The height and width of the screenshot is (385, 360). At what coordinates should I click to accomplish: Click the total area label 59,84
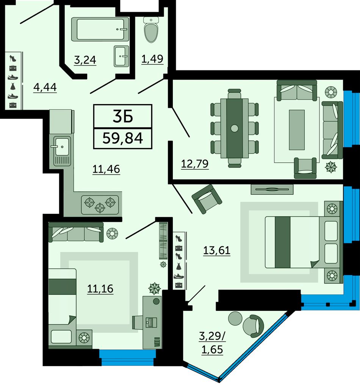coord(123,138)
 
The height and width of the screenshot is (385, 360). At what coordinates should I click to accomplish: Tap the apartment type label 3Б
coord(123,116)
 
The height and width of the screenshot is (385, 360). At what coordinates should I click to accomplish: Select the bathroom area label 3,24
coord(85,60)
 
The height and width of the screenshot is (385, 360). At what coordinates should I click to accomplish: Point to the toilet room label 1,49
coord(152,59)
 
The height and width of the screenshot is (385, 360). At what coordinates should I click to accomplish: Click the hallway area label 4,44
coord(45,87)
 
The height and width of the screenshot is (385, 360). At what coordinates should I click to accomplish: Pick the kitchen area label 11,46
coord(106,169)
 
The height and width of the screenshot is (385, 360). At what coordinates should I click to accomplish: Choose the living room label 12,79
coord(195,164)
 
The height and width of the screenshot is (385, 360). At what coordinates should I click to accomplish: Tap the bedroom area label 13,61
coord(217,251)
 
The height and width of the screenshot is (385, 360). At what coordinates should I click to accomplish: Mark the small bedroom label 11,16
coord(100,289)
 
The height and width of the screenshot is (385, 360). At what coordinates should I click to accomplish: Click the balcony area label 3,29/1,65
coord(212,343)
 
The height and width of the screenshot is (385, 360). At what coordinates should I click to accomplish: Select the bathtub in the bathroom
coord(100,29)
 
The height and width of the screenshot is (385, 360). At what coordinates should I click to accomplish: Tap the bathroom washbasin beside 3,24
coord(121,56)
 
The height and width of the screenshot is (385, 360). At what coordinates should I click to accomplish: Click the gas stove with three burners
coord(100,204)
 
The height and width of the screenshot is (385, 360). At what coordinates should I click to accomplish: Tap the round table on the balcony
coord(235,318)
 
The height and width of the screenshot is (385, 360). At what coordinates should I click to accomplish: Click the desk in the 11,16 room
coord(152,322)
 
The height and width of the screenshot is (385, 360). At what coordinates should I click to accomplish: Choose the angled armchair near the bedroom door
coord(207,199)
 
